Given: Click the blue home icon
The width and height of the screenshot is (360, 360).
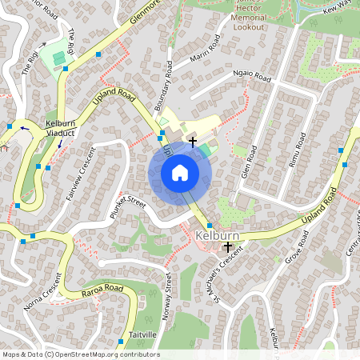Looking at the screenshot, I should (180, 172).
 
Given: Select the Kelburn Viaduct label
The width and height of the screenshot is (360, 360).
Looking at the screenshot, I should (61, 128).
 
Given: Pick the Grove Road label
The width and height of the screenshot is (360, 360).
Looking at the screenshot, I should (297, 247).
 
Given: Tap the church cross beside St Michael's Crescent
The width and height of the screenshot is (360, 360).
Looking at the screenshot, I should (228, 248).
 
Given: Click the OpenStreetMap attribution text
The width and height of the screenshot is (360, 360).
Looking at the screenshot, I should (80, 354).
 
